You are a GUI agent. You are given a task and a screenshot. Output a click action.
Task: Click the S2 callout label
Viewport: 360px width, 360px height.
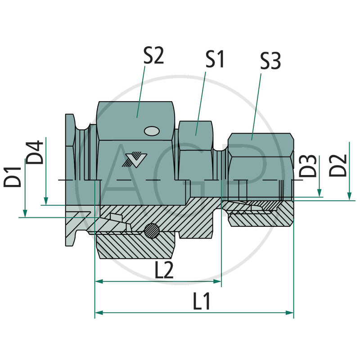153,57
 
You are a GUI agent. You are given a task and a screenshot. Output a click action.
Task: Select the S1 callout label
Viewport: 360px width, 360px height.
215,59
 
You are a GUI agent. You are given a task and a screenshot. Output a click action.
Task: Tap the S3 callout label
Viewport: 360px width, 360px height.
270,61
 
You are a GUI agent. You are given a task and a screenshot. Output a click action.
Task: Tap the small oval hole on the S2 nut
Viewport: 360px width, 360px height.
151,131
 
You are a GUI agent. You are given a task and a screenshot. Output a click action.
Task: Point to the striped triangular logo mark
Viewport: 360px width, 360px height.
133,160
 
